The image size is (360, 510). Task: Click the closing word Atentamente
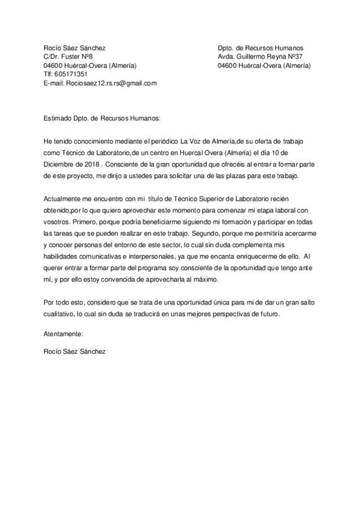tap(63, 333)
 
